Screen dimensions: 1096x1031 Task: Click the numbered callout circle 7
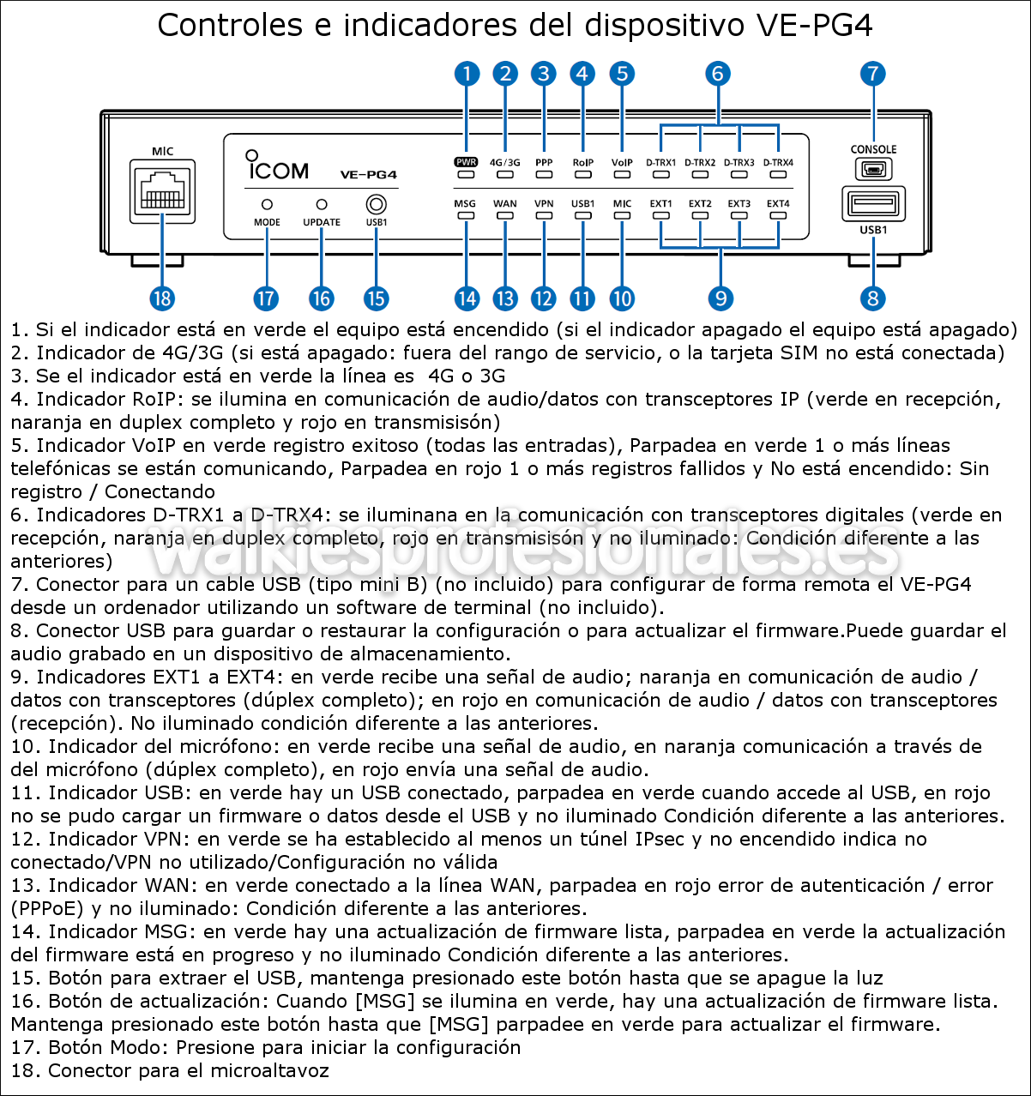point(872,74)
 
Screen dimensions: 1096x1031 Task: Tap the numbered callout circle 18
point(162,298)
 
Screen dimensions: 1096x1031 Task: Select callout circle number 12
point(543,298)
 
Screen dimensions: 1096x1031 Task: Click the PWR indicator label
point(466,162)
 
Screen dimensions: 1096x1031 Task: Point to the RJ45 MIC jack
point(162,190)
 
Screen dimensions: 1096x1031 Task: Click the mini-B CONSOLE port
point(873,169)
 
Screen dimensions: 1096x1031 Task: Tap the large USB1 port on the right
point(873,204)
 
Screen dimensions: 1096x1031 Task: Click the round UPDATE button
point(322,205)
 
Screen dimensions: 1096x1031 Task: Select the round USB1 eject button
point(376,205)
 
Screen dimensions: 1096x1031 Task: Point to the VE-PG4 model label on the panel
point(368,175)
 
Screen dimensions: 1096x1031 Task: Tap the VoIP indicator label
point(622,162)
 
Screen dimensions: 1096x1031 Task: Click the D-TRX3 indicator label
point(739,162)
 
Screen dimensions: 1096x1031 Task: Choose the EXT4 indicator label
point(778,204)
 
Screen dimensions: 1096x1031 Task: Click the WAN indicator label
point(505,204)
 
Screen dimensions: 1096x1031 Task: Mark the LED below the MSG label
point(466,215)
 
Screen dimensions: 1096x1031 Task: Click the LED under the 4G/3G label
point(505,174)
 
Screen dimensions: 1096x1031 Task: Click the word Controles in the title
point(229,26)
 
